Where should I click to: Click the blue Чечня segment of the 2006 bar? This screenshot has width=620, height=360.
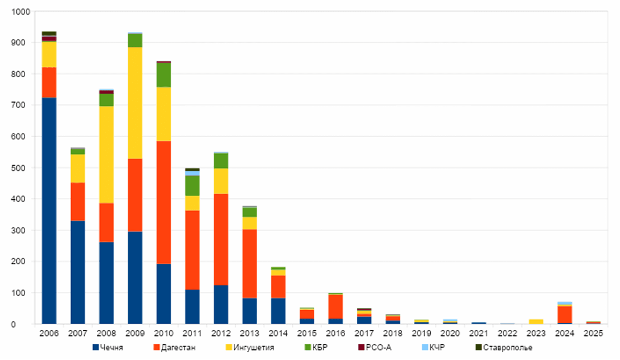click(x=49, y=211)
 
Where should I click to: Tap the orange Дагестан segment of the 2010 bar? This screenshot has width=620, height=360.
click(x=164, y=202)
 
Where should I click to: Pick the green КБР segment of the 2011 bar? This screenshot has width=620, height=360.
click(x=193, y=185)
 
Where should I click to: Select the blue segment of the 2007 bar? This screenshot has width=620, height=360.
click(x=77, y=272)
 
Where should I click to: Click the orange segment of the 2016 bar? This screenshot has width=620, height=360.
click(x=335, y=306)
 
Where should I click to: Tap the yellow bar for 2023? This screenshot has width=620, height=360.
click(x=537, y=321)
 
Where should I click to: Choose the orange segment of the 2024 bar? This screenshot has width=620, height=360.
click(x=565, y=314)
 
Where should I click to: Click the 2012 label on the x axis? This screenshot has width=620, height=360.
click(x=221, y=334)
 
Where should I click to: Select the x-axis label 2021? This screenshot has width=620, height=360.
click(x=479, y=334)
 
